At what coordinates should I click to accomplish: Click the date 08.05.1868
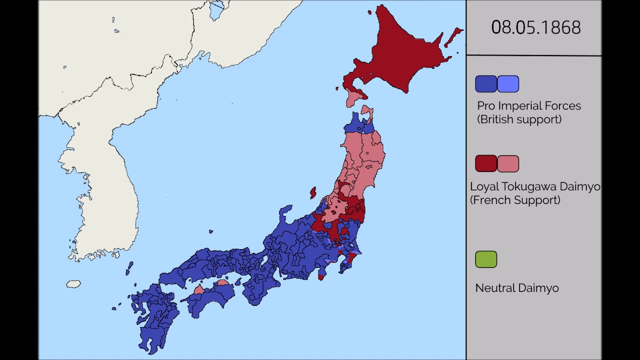tap(535, 27)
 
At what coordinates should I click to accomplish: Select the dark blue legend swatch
tap(485, 84)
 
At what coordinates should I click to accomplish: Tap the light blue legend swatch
tap(508, 84)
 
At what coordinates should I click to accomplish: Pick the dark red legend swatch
tap(485, 163)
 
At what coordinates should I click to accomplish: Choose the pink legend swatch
tap(508, 163)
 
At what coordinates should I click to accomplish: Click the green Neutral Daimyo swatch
tap(485, 259)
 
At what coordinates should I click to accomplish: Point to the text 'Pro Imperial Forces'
tap(528, 106)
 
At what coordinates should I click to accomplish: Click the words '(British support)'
tap(519, 119)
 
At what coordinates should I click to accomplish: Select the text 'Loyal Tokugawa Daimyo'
tap(534, 186)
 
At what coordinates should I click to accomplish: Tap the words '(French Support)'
tap(515, 200)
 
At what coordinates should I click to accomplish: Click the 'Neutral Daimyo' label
tap(516, 288)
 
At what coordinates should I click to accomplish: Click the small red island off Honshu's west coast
tap(313, 192)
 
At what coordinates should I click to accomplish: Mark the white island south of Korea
tap(73, 284)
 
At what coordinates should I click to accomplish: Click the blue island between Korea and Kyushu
tap(129, 268)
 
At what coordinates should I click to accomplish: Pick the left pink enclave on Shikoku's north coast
tap(199, 289)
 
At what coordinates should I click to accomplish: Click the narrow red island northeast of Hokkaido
tap(453, 36)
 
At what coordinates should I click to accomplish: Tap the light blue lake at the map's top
tap(216, 9)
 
